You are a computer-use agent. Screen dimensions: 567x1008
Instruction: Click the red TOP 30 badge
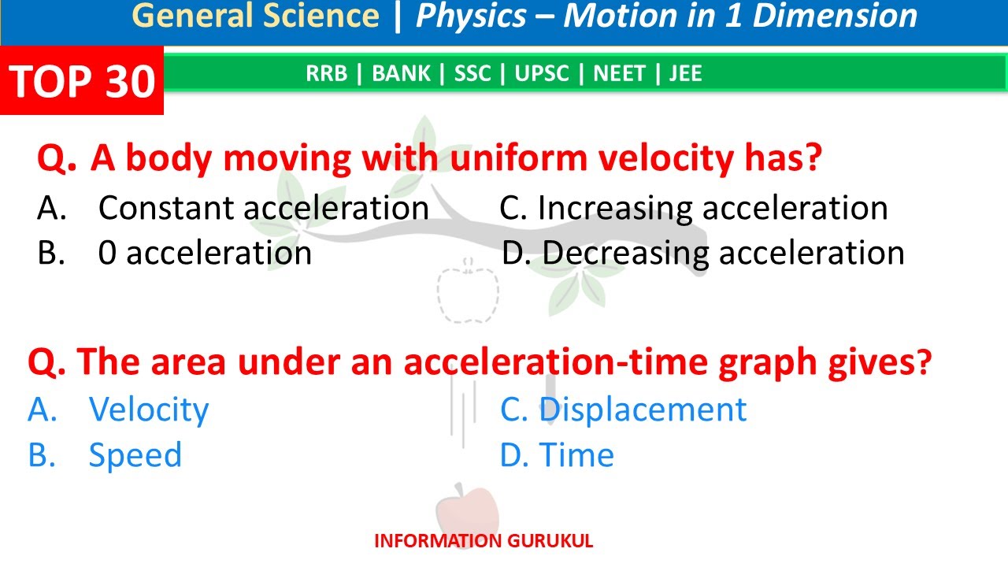82,80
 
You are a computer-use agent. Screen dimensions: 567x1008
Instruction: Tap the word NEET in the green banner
620,74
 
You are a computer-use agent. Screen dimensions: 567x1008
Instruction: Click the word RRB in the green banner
325,74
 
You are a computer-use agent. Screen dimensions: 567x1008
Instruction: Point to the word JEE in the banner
685,74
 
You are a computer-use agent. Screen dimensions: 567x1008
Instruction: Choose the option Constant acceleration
263,208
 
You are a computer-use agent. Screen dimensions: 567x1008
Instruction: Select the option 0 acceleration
205,253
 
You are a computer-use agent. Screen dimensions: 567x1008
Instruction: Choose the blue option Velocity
148,409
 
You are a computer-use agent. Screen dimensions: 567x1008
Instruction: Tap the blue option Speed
135,455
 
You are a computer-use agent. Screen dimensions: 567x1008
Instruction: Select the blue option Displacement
642,409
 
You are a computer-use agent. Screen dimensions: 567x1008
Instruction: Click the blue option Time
576,455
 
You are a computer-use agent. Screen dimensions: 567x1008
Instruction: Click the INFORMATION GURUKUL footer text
484,541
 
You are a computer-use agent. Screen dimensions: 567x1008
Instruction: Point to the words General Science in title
255,17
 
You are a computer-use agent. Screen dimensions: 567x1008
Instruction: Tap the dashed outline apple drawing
468,294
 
